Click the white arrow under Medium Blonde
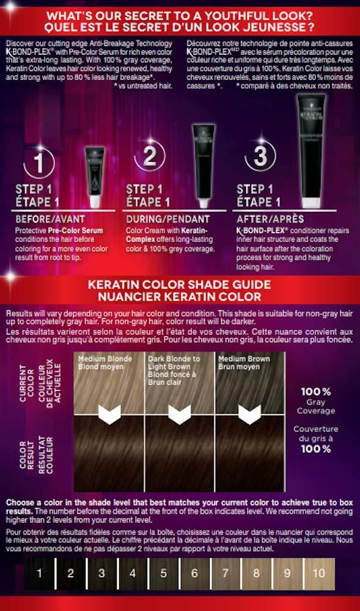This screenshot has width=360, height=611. pos(109,415)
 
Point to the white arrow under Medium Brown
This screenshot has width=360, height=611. pos(251,415)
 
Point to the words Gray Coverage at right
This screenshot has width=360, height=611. pos(316,408)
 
